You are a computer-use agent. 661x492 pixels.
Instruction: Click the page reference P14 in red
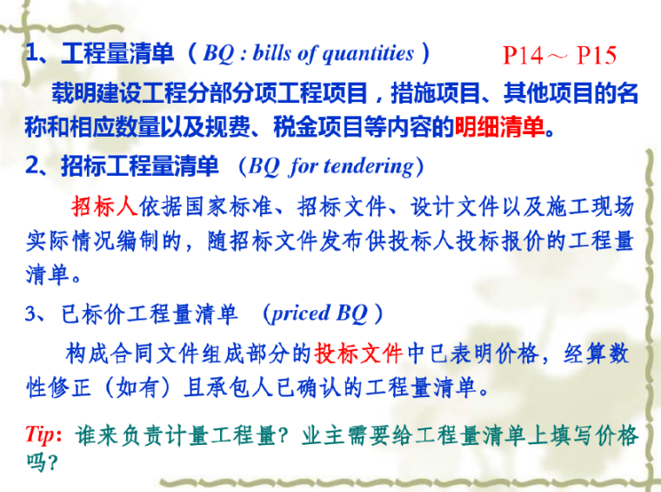524,56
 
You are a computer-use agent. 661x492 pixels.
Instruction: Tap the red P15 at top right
596,56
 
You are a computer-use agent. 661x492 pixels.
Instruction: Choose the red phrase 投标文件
358,353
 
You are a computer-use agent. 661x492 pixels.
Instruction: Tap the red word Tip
41,434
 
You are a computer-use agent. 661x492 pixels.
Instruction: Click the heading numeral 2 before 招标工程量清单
31,166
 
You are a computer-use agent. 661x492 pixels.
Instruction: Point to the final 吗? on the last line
42,462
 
